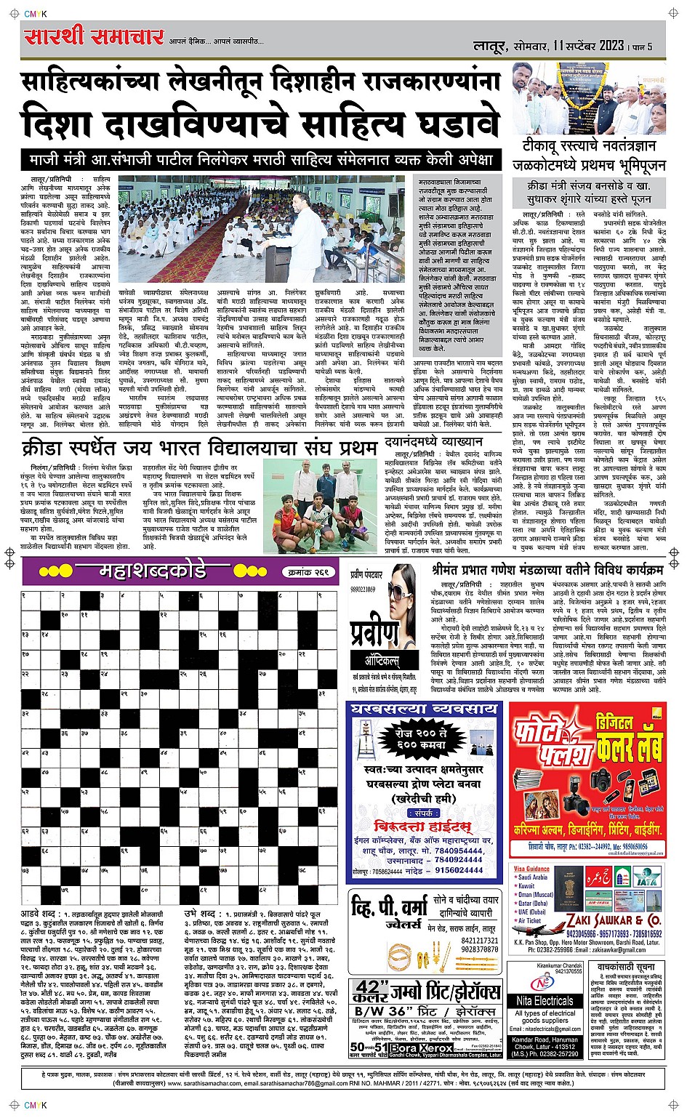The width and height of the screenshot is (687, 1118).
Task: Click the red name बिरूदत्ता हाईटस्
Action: point(422,827)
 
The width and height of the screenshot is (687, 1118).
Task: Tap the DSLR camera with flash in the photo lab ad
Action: point(604,782)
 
